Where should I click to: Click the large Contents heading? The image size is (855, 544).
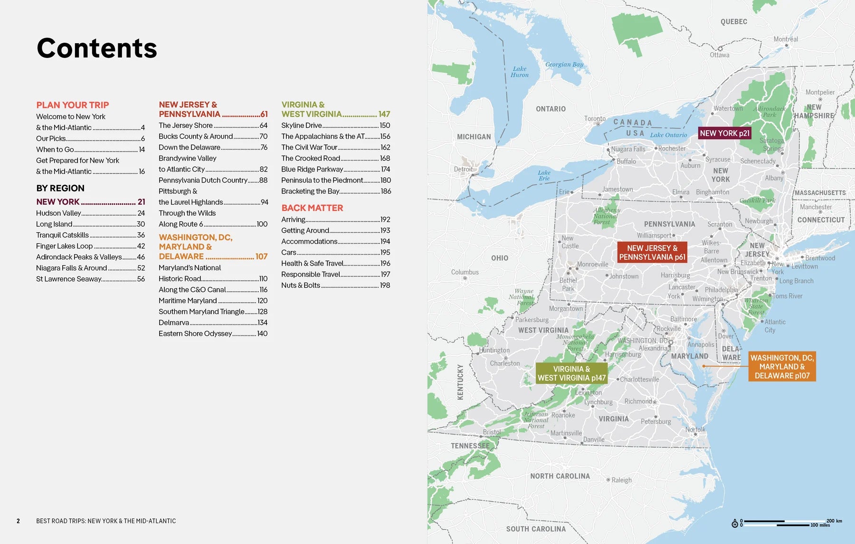[97, 48]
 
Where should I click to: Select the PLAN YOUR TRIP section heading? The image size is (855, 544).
[73, 105]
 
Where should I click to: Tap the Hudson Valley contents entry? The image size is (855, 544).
[59, 213]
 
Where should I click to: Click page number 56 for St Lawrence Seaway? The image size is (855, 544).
[141, 279]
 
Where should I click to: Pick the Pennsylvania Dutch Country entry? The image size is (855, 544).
[203, 181]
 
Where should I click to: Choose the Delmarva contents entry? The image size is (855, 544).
[174, 323]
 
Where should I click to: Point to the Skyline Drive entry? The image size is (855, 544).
[302, 125]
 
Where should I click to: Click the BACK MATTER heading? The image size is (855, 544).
[312, 208]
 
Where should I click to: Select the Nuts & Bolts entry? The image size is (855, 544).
[301, 286]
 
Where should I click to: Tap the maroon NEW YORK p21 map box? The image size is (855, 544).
[724, 134]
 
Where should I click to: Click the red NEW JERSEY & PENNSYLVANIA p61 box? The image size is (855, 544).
[652, 252]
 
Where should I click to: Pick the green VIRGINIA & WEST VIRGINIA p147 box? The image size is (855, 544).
[571, 373]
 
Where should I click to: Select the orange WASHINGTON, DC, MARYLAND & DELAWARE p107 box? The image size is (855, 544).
[782, 366]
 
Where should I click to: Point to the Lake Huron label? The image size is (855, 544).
[520, 72]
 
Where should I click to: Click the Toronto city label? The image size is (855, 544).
[595, 119]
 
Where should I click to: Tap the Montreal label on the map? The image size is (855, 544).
[786, 39]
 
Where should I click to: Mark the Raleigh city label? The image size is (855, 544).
[621, 480]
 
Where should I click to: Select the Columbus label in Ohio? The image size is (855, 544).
[465, 272]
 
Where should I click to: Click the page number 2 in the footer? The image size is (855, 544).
[18, 521]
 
